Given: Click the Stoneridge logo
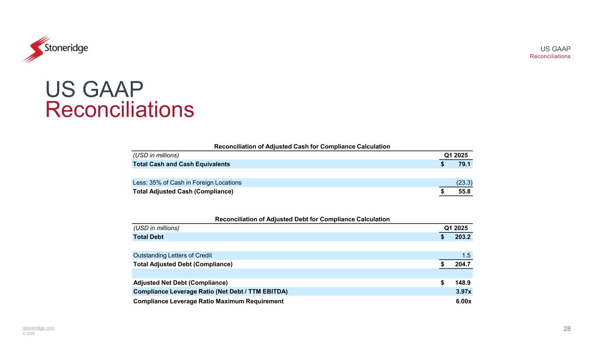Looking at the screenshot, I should coord(55,48).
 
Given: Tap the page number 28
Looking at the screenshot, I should coord(567,329).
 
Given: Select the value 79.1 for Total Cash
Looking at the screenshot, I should coord(464,164).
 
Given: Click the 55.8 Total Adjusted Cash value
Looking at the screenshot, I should coord(464,192).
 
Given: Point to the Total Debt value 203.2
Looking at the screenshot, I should coord(463,237).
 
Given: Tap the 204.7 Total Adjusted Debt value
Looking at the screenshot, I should coord(463,264).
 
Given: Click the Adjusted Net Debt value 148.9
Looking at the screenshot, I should coord(463,283).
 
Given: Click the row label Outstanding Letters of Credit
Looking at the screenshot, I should coord(172,255).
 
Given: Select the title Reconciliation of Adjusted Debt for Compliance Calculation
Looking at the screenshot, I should coord(302,219).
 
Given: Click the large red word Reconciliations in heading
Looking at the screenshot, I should coord(120,109).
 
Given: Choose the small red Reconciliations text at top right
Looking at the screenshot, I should coord(550,56).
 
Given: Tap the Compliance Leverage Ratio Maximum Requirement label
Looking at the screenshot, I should coord(208,301).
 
